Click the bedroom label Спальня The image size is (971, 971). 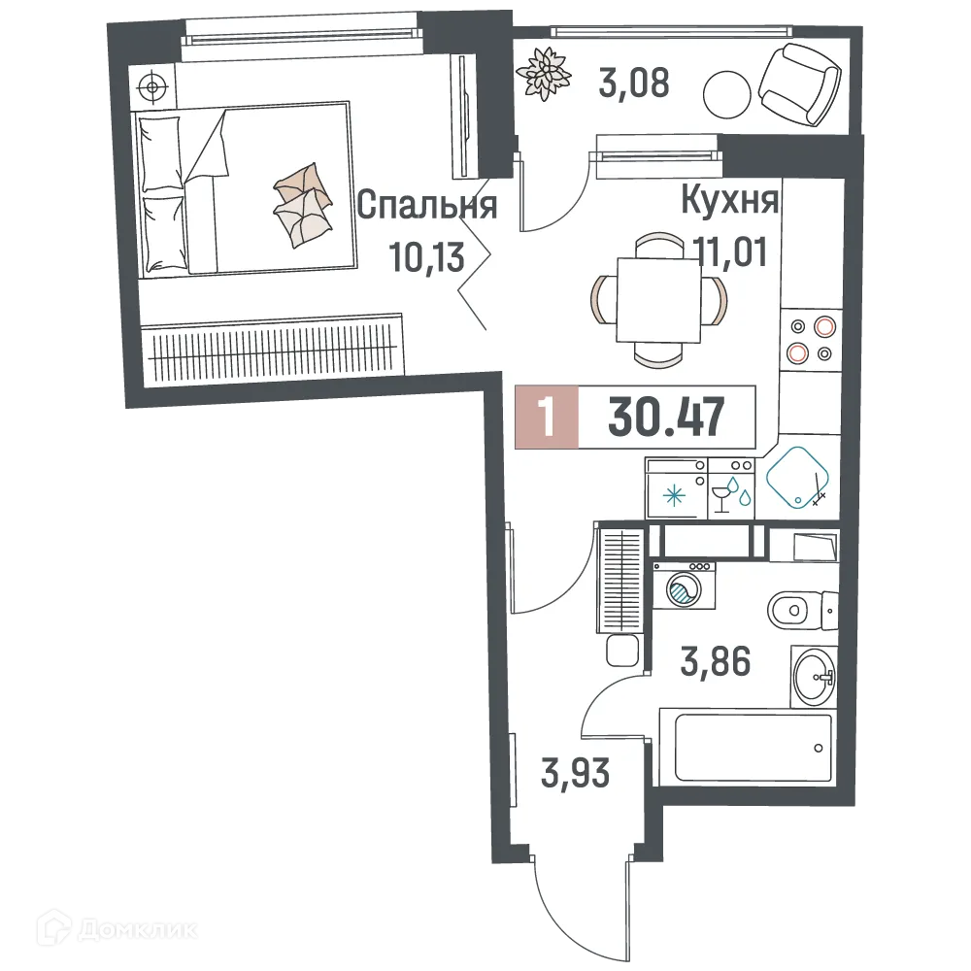(x=427, y=205)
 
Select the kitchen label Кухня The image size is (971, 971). (x=730, y=201)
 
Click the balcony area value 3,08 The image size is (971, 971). (x=634, y=84)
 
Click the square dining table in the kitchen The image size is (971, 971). (x=660, y=292)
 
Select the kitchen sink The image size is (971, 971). (x=798, y=477)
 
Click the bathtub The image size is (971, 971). (x=746, y=748)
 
